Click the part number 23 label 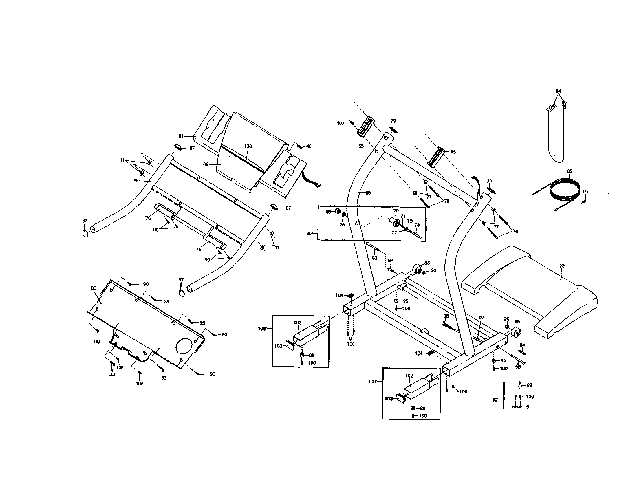click(561, 265)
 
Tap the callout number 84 click(558, 91)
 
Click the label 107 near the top click(341, 123)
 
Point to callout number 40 click(309, 146)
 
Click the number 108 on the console click(248, 146)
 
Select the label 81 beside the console click(181, 136)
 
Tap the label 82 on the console click(206, 164)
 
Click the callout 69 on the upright click(368, 193)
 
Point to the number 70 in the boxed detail click(396, 211)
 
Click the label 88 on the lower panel click(94, 288)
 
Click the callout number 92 click(495, 400)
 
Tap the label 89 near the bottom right click(529, 385)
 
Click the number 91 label click(528, 407)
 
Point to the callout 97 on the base click(481, 318)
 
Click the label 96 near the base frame click(446, 316)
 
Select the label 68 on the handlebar click(136, 181)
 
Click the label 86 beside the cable click(585, 191)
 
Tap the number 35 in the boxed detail click(342, 224)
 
